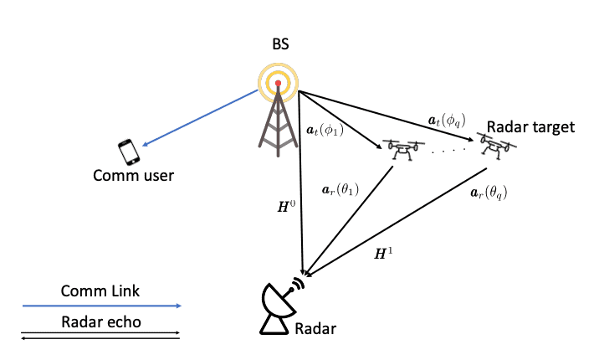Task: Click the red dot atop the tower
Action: [278, 84]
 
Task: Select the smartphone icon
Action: [129, 151]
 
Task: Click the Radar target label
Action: [530, 127]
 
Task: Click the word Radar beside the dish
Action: [315, 329]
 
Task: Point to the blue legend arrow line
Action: [100, 306]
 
